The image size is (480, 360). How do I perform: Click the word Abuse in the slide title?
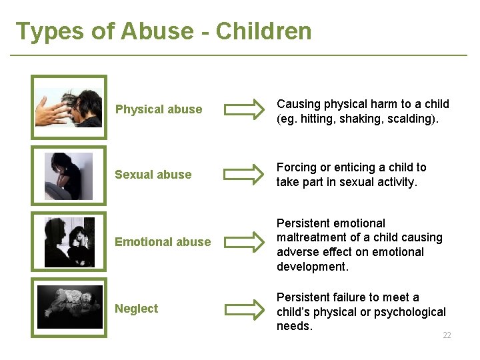click(x=166, y=31)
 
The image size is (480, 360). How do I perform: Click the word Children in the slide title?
click(x=263, y=31)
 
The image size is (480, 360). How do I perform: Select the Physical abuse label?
click(x=159, y=109)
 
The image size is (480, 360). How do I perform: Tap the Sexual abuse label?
click(x=153, y=175)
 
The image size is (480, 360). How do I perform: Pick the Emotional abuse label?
click(x=163, y=242)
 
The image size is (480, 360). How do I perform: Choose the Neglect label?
click(x=136, y=309)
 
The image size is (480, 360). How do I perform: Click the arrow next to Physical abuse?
click(x=243, y=109)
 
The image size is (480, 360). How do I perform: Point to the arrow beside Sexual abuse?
click(x=243, y=175)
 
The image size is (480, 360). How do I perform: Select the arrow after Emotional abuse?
click(x=243, y=242)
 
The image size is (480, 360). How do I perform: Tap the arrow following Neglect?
click(x=243, y=309)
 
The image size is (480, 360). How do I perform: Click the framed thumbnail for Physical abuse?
click(x=69, y=107)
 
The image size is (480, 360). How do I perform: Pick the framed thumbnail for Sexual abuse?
click(x=69, y=175)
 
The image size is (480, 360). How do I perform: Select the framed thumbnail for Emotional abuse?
click(x=69, y=242)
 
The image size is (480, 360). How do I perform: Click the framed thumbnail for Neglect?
click(x=69, y=307)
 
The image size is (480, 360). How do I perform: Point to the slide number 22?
click(x=447, y=335)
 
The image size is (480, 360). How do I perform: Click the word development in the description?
click(x=311, y=267)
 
